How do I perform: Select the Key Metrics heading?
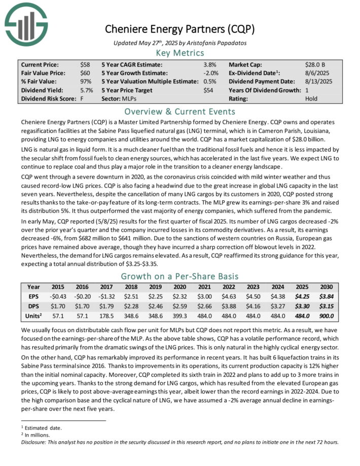180,53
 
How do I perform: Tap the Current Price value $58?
85,65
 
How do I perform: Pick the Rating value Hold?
311,99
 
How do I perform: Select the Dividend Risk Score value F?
82,99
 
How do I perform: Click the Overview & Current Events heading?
180,112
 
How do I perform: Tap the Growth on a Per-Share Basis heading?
180,276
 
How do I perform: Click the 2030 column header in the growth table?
327,286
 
